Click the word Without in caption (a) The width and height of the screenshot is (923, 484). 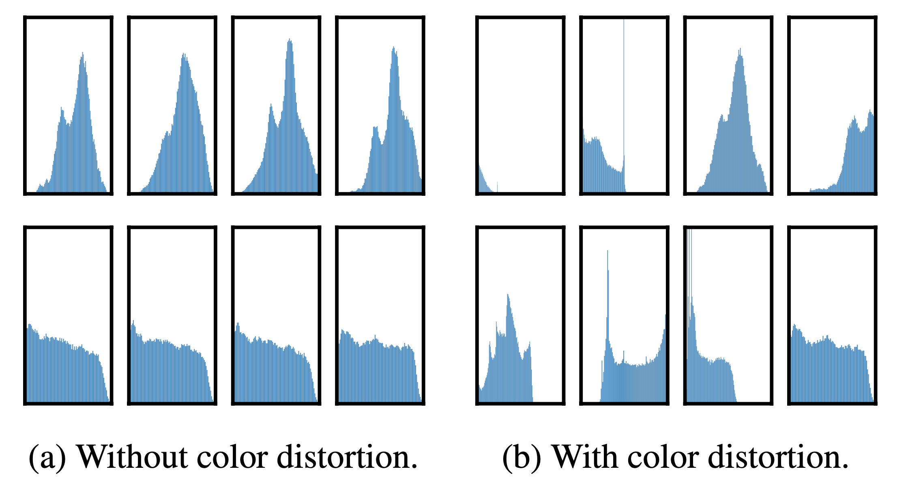pyautogui.click(x=132, y=457)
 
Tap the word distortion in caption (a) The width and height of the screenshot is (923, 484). pyautogui.click(x=347, y=457)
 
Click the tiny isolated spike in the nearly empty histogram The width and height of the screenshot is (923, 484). pyautogui.click(x=497, y=186)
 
